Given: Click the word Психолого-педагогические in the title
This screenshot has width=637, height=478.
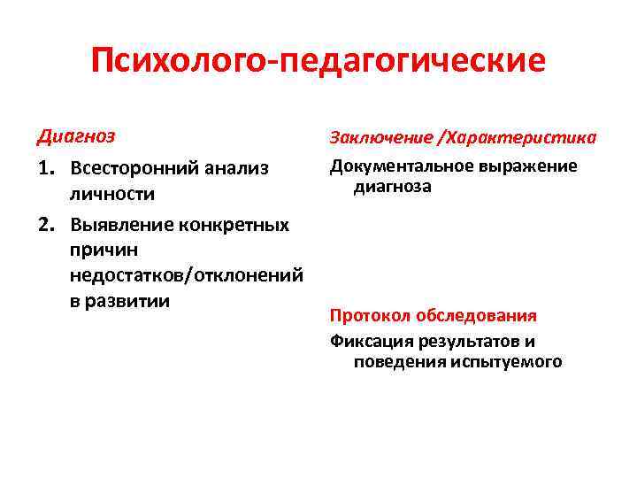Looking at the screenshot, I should coord(318,63).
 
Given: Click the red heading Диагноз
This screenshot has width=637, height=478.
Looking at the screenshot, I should coord(77,137).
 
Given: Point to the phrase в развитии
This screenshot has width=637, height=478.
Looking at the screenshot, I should coord(119,300).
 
